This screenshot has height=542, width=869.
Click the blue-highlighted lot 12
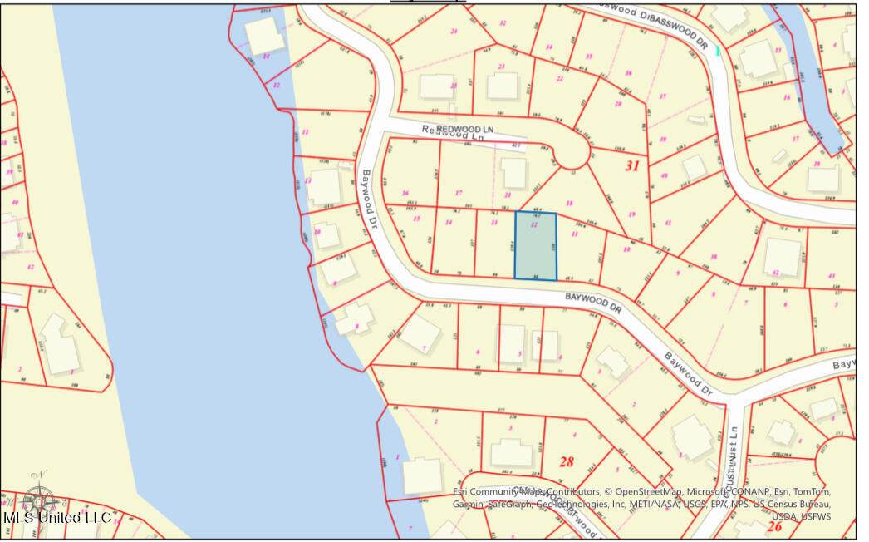click(536, 245)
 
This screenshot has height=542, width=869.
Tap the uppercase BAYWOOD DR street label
click(593, 300)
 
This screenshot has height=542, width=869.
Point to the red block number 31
click(632, 165)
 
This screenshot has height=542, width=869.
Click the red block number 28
click(567, 461)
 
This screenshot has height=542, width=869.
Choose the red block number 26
click(774, 525)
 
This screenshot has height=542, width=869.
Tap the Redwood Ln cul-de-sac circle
click(572, 155)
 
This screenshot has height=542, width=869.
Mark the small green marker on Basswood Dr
click(717, 51)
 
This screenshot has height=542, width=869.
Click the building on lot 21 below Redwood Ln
click(514, 172)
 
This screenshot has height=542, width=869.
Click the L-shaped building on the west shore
click(59, 344)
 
